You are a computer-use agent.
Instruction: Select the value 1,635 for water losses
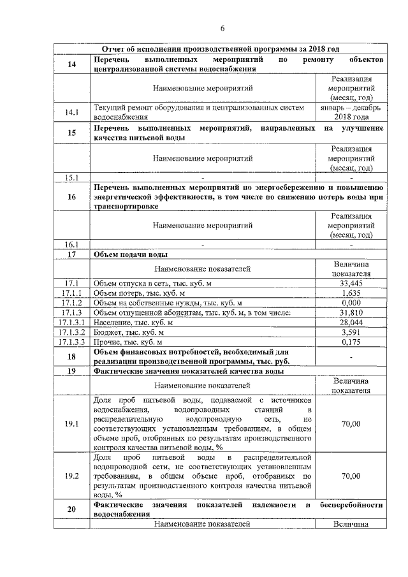(351, 293)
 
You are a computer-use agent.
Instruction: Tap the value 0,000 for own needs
(351, 303)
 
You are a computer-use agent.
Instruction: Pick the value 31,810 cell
(351, 313)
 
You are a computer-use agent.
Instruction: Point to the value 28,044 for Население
(351, 323)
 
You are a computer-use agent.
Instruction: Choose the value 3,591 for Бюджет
(351, 332)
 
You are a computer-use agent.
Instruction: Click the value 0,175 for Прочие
(351, 342)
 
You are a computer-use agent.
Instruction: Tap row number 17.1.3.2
(71, 332)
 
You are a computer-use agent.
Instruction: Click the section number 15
(71, 133)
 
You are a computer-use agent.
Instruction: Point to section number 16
(71, 198)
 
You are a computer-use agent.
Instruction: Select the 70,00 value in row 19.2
(351, 476)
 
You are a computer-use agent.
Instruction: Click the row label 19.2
(71, 476)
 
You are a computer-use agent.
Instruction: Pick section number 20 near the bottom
(71, 509)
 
